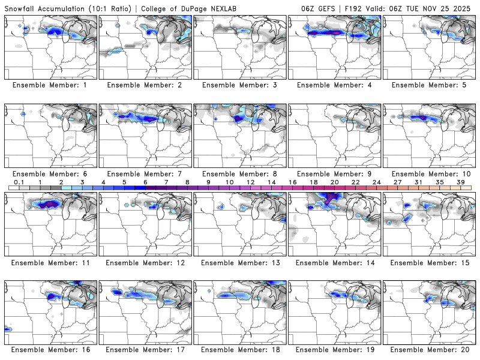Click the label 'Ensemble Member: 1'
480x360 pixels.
click(x=52, y=85)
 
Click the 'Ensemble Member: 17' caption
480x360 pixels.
click(x=147, y=350)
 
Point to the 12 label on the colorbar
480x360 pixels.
click(x=250, y=181)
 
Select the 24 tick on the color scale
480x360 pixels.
click(x=376, y=181)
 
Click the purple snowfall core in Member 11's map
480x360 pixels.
click(x=50, y=204)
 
